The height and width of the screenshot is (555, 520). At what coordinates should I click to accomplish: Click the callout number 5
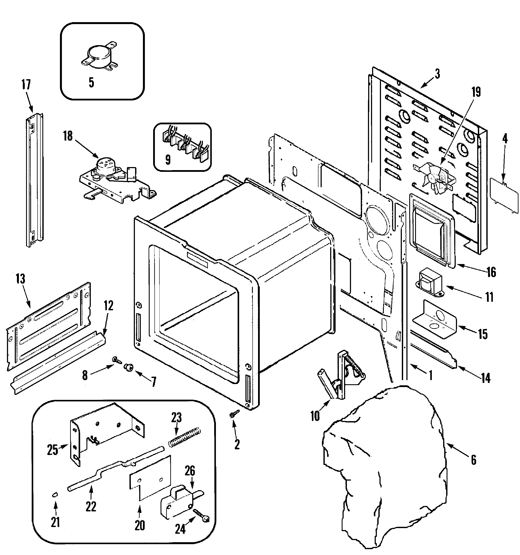91,83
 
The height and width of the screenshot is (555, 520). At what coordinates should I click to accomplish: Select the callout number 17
26,85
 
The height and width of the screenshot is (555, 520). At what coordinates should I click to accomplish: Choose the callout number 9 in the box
168,160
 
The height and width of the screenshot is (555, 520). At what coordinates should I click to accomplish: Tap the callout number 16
491,272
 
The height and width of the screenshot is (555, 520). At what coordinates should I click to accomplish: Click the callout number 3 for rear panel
437,74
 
